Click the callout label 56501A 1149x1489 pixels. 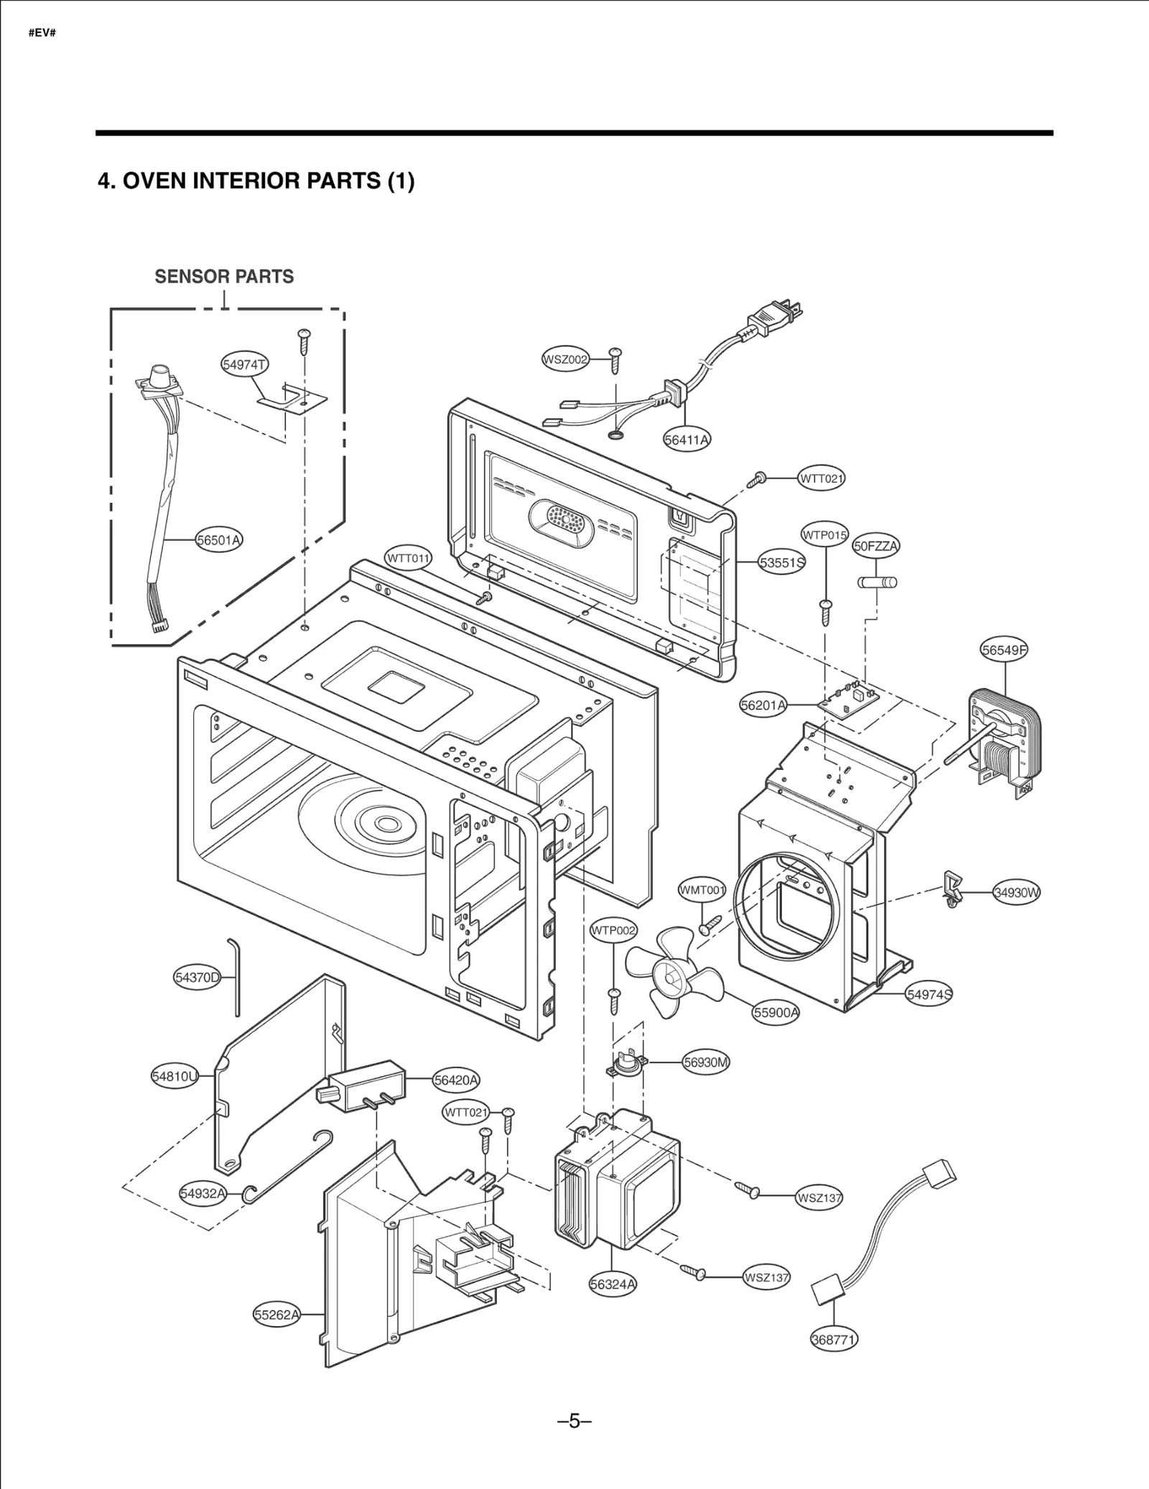219,540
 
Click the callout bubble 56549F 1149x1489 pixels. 1004,650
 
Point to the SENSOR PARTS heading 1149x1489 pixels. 224,277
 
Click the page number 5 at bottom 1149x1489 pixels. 574,1421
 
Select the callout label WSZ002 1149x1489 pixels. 564,359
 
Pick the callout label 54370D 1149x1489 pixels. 197,977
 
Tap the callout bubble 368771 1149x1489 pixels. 833,1340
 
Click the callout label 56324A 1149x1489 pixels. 613,1284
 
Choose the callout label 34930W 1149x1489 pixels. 1017,893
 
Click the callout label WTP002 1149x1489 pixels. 613,931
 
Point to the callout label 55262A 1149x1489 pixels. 276,1315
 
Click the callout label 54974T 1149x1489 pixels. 244,365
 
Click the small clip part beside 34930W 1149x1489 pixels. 952,891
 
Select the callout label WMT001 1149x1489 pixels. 702,891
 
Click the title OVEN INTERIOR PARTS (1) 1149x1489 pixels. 256,181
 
